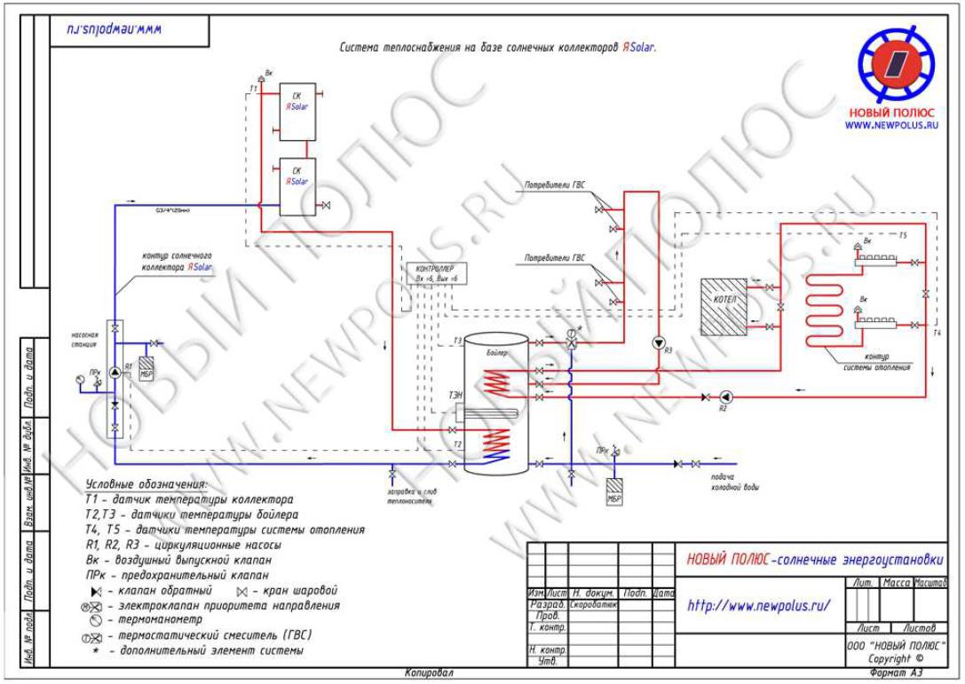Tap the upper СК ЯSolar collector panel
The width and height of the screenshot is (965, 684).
(297, 112)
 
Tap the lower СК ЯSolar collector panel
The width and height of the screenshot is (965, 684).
(297, 186)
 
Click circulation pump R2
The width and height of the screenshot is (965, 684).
(725, 396)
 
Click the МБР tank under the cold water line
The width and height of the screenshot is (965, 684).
(614, 490)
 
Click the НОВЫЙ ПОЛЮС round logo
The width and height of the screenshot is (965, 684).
(895, 64)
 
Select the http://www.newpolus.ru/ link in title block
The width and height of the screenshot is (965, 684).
(759, 606)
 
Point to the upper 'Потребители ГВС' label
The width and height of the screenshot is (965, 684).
(555, 189)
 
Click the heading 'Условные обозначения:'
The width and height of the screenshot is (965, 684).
(146, 484)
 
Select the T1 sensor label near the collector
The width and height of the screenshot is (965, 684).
(253, 90)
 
